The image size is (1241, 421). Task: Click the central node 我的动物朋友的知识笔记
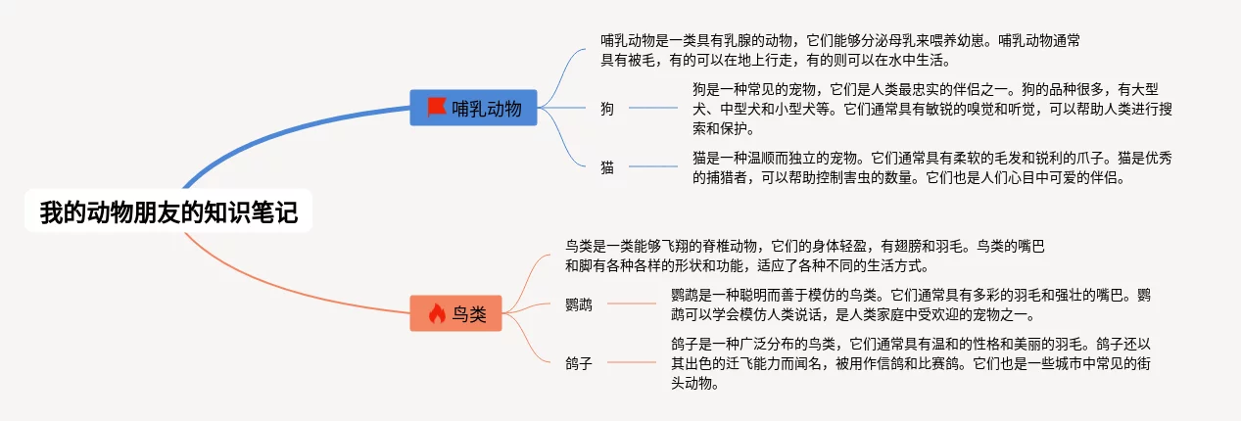point(167,212)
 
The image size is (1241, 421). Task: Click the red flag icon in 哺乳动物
point(436,108)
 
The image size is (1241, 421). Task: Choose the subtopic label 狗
point(607,109)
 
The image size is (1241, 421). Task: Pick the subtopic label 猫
point(607,167)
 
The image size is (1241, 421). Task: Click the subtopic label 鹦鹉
point(579,304)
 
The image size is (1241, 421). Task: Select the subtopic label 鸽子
point(579,363)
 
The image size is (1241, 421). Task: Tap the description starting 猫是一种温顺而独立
point(926,167)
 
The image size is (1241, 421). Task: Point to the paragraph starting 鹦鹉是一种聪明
point(911,304)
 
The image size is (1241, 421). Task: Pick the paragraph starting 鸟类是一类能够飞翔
point(803,255)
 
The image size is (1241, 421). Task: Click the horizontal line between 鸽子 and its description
point(631,363)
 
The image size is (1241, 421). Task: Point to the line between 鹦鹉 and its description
point(631,304)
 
